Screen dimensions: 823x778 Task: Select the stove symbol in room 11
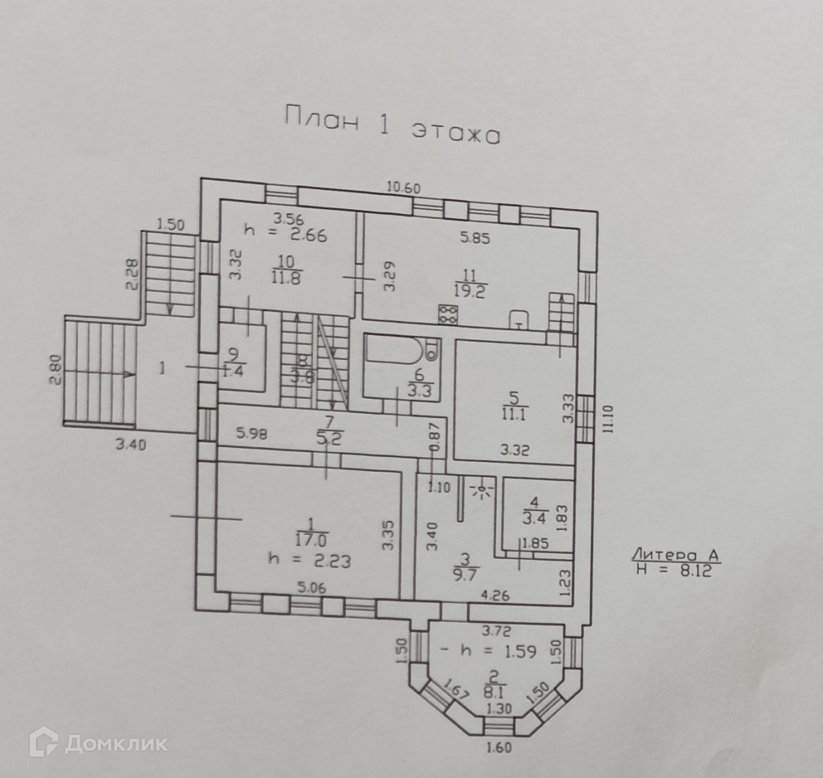pyautogui.click(x=449, y=314)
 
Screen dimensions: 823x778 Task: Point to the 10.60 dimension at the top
pyautogui.click(x=404, y=188)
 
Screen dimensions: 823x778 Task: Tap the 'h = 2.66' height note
pyautogui.click(x=286, y=233)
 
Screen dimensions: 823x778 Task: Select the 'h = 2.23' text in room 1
pyautogui.click(x=309, y=561)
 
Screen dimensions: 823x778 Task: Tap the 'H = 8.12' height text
pyautogui.click(x=673, y=571)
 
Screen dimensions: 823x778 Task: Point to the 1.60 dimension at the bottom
pyautogui.click(x=499, y=748)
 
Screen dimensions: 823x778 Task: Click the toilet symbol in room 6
pyautogui.click(x=432, y=347)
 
